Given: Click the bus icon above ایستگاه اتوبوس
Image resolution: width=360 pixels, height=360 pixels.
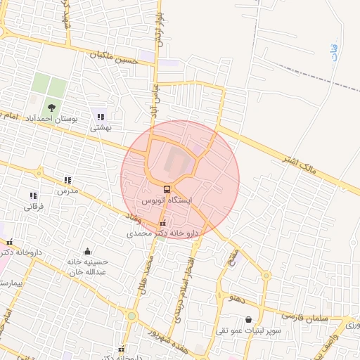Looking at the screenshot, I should coord(167,189).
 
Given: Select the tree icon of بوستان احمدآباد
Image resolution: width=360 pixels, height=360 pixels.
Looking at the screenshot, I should coord(51,108).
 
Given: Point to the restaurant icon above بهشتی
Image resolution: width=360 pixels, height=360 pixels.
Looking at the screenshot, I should coord(101,117).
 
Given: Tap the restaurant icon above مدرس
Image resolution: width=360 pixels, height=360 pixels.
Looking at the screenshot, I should coord(67,181).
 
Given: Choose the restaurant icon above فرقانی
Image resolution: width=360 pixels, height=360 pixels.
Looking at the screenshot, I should coord(33,195).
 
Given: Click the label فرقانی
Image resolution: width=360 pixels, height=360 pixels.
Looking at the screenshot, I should coord(33,207).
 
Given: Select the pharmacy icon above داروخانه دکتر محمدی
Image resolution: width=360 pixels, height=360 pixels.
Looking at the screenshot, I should coord(163,223).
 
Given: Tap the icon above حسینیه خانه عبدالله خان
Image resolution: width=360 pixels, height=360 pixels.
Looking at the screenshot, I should coord(87,251).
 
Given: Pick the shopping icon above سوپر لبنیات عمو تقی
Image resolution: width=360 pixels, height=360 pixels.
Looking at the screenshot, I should coord(249,320).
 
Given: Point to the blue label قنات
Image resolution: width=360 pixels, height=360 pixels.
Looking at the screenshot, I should coord(333,51).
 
